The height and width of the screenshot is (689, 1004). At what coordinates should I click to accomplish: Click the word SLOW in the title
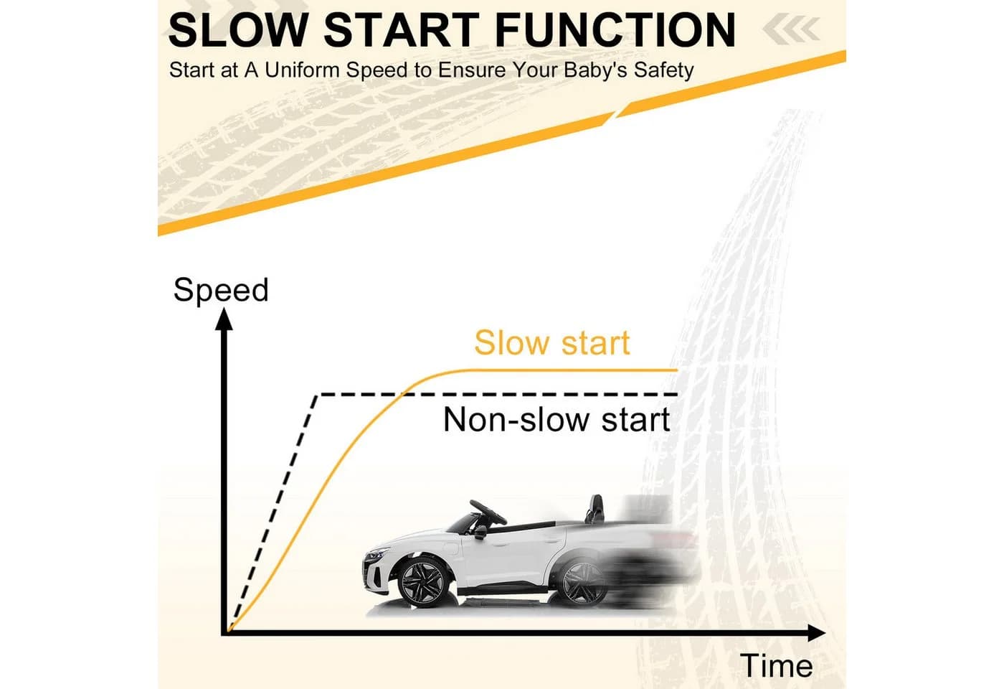(x=237, y=29)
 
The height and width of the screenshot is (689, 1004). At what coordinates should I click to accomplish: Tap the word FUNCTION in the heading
(x=615, y=29)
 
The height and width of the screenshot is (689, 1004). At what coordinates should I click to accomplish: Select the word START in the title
(x=401, y=29)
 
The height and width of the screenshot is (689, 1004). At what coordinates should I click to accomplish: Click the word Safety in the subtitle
(x=663, y=70)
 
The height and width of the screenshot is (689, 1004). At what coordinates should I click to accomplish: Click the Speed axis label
(x=221, y=291)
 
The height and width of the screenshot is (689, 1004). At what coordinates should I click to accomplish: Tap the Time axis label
(x=776, y=666)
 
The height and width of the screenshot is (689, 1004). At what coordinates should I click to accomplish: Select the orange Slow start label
(x=551, y=343)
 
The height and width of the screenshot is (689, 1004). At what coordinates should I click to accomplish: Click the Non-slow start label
(x=557, y=420)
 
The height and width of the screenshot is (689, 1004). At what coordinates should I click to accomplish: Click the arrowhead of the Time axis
(x=816, y=632)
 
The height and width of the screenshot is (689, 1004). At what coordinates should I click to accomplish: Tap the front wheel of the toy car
(x=424, y=582)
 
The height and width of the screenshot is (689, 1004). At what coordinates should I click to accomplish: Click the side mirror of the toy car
(x=481, y=532)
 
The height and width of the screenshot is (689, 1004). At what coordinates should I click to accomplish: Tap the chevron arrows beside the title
(x=792, y=28)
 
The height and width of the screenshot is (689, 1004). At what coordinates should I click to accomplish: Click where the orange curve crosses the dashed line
(x=402, y=395)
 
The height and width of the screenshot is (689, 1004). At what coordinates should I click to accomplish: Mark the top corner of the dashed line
(x=317, y=395)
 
